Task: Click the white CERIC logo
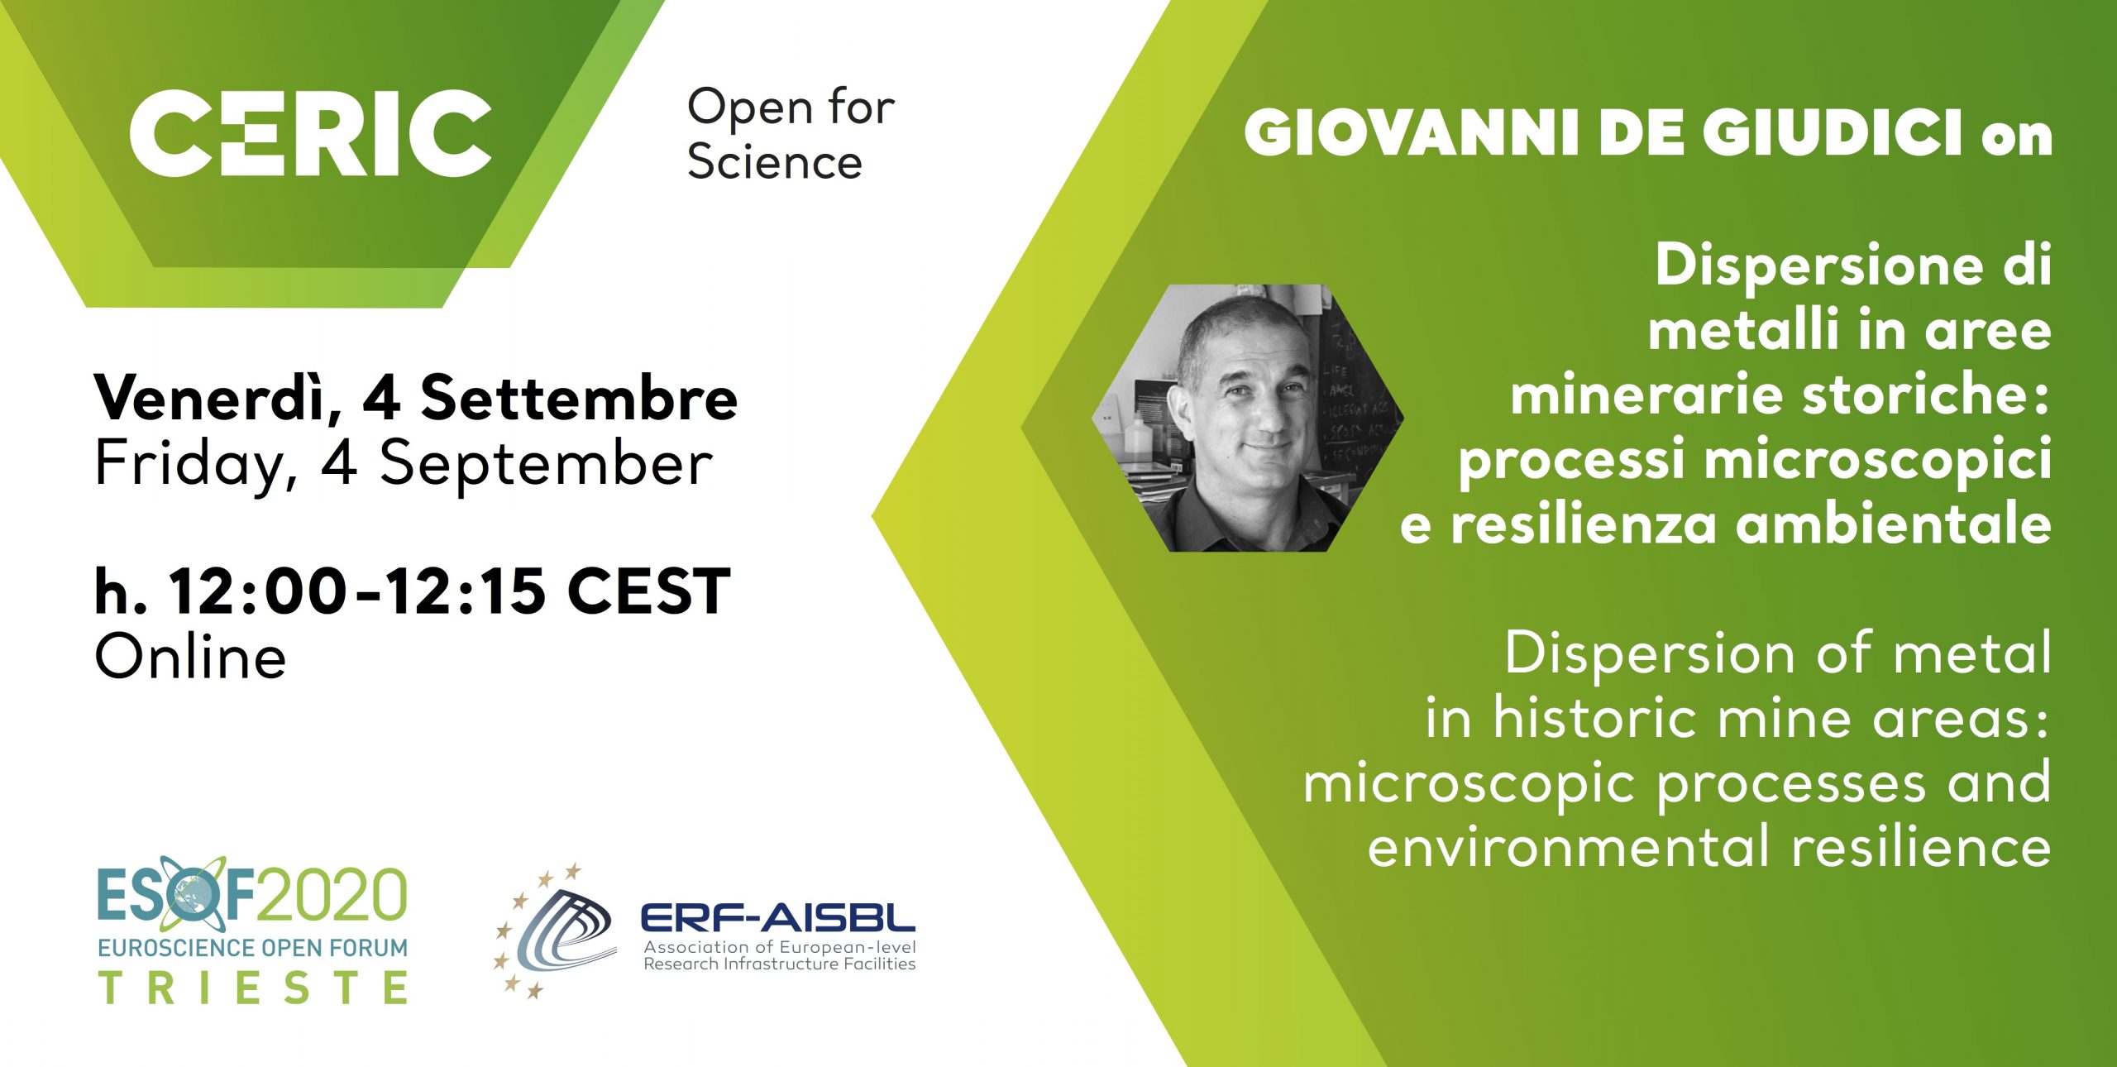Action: pyautogui.click(x=310, y=133)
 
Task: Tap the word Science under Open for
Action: pyautogui.click(x=775, y=161)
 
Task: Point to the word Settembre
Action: pyautogui.click(x=579, y=398)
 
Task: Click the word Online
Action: pyautogui.click(x=191, y=658)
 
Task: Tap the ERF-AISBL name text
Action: pyautogui.click(x=778, y=917)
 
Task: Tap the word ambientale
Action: pyautogui.click(x=1893, y=524)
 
